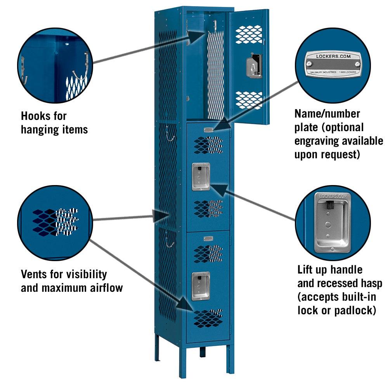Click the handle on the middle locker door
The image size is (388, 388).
point(201,177)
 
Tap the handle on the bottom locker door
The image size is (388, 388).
point(201,286)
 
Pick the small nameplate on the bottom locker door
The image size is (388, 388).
point(208,238)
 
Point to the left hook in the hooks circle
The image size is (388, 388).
point(24,70)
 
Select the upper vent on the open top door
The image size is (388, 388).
point(249,34)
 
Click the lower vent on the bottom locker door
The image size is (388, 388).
point(208,317)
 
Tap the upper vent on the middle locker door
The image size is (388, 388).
point(208,145)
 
